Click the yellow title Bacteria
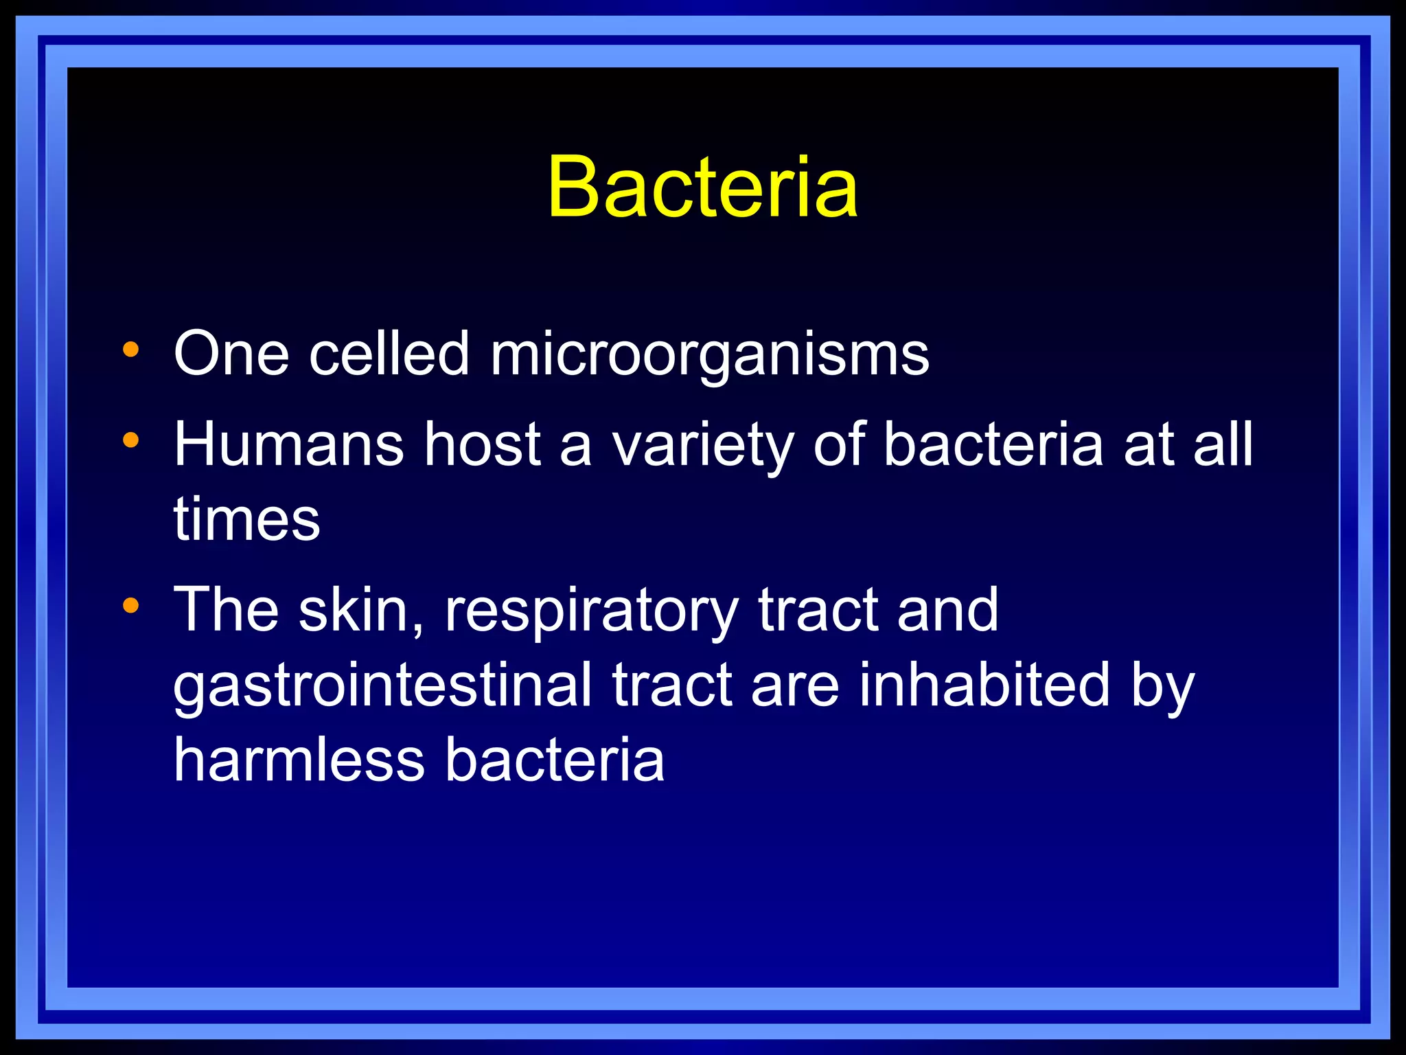(x=702, y=187)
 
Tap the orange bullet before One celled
(x=130, y=350)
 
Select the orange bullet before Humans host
(x=130, y=440)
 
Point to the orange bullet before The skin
(x=130, y=605)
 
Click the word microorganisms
(x=709, y=355)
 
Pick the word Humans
(x=288, y=444)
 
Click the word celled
(x=389, y=354)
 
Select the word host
(x=482, y=444)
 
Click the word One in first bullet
(x=231, y=354)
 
